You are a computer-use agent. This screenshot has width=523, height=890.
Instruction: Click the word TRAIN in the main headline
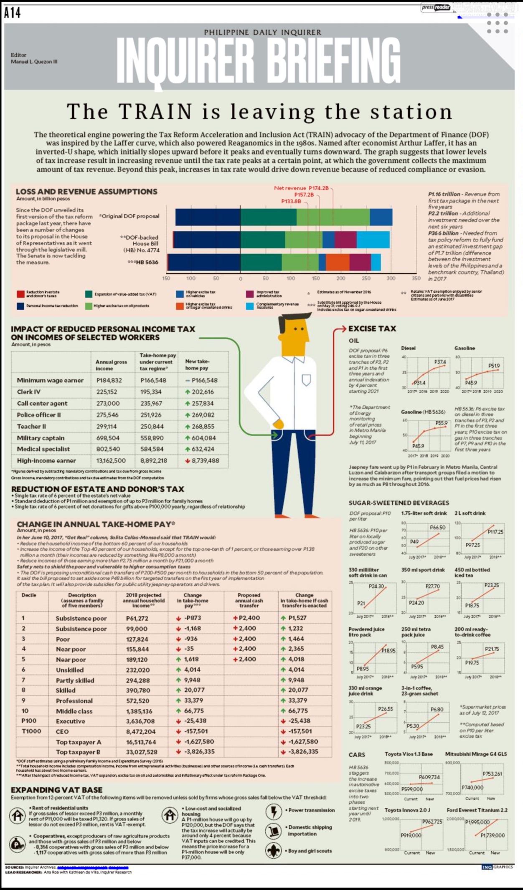[x=155, y=111]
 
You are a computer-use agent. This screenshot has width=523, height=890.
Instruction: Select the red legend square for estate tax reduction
[x=20, y=294]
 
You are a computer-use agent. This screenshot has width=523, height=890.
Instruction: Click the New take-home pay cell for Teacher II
[x=203, y=427]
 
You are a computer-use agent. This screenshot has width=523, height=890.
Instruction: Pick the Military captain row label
[x=41, y=438]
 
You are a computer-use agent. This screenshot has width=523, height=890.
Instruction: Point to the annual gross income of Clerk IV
[x=107, y=392]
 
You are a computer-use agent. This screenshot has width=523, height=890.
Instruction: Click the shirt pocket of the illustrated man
[x=306, y=379]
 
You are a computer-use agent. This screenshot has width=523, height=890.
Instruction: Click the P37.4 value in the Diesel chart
[x=440, y=362]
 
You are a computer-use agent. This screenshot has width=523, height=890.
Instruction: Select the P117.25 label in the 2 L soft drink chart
[x=495, y=532]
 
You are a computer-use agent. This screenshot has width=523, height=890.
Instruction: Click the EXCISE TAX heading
[x=372, y=329]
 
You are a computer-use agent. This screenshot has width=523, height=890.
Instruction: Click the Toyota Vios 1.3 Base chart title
[x=409, y=754]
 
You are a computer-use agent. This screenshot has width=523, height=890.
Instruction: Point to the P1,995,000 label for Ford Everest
[x=477, y=822]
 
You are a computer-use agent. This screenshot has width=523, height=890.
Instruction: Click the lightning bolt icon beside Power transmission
[x=274, y=812]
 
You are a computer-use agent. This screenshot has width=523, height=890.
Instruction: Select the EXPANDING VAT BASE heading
[x=56, y=790]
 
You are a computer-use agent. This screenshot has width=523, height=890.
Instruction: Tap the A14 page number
[x=13, y=13]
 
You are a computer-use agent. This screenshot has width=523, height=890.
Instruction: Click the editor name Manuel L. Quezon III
[x=34, y=62]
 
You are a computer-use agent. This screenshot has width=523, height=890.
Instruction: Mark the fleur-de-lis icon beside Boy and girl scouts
[x=274, y=851]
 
